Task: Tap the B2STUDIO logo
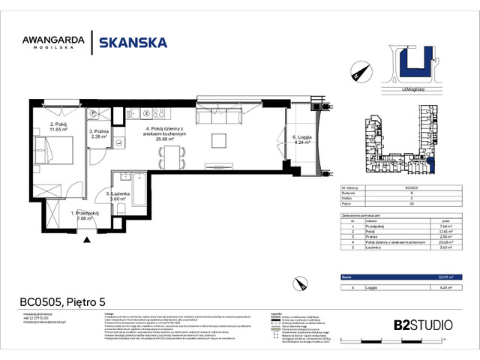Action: [423, 325]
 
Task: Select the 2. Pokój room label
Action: [58, 127]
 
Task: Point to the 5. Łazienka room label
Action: [103, 196]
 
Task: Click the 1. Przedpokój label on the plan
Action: [85, 216]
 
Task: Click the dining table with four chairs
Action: [173, 155]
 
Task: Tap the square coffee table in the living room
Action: [218, 140]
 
